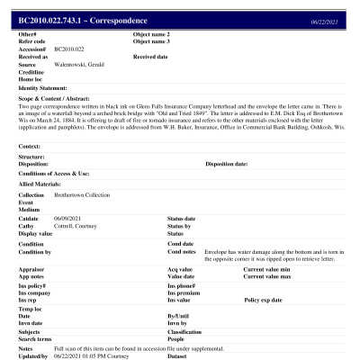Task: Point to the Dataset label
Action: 180,355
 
